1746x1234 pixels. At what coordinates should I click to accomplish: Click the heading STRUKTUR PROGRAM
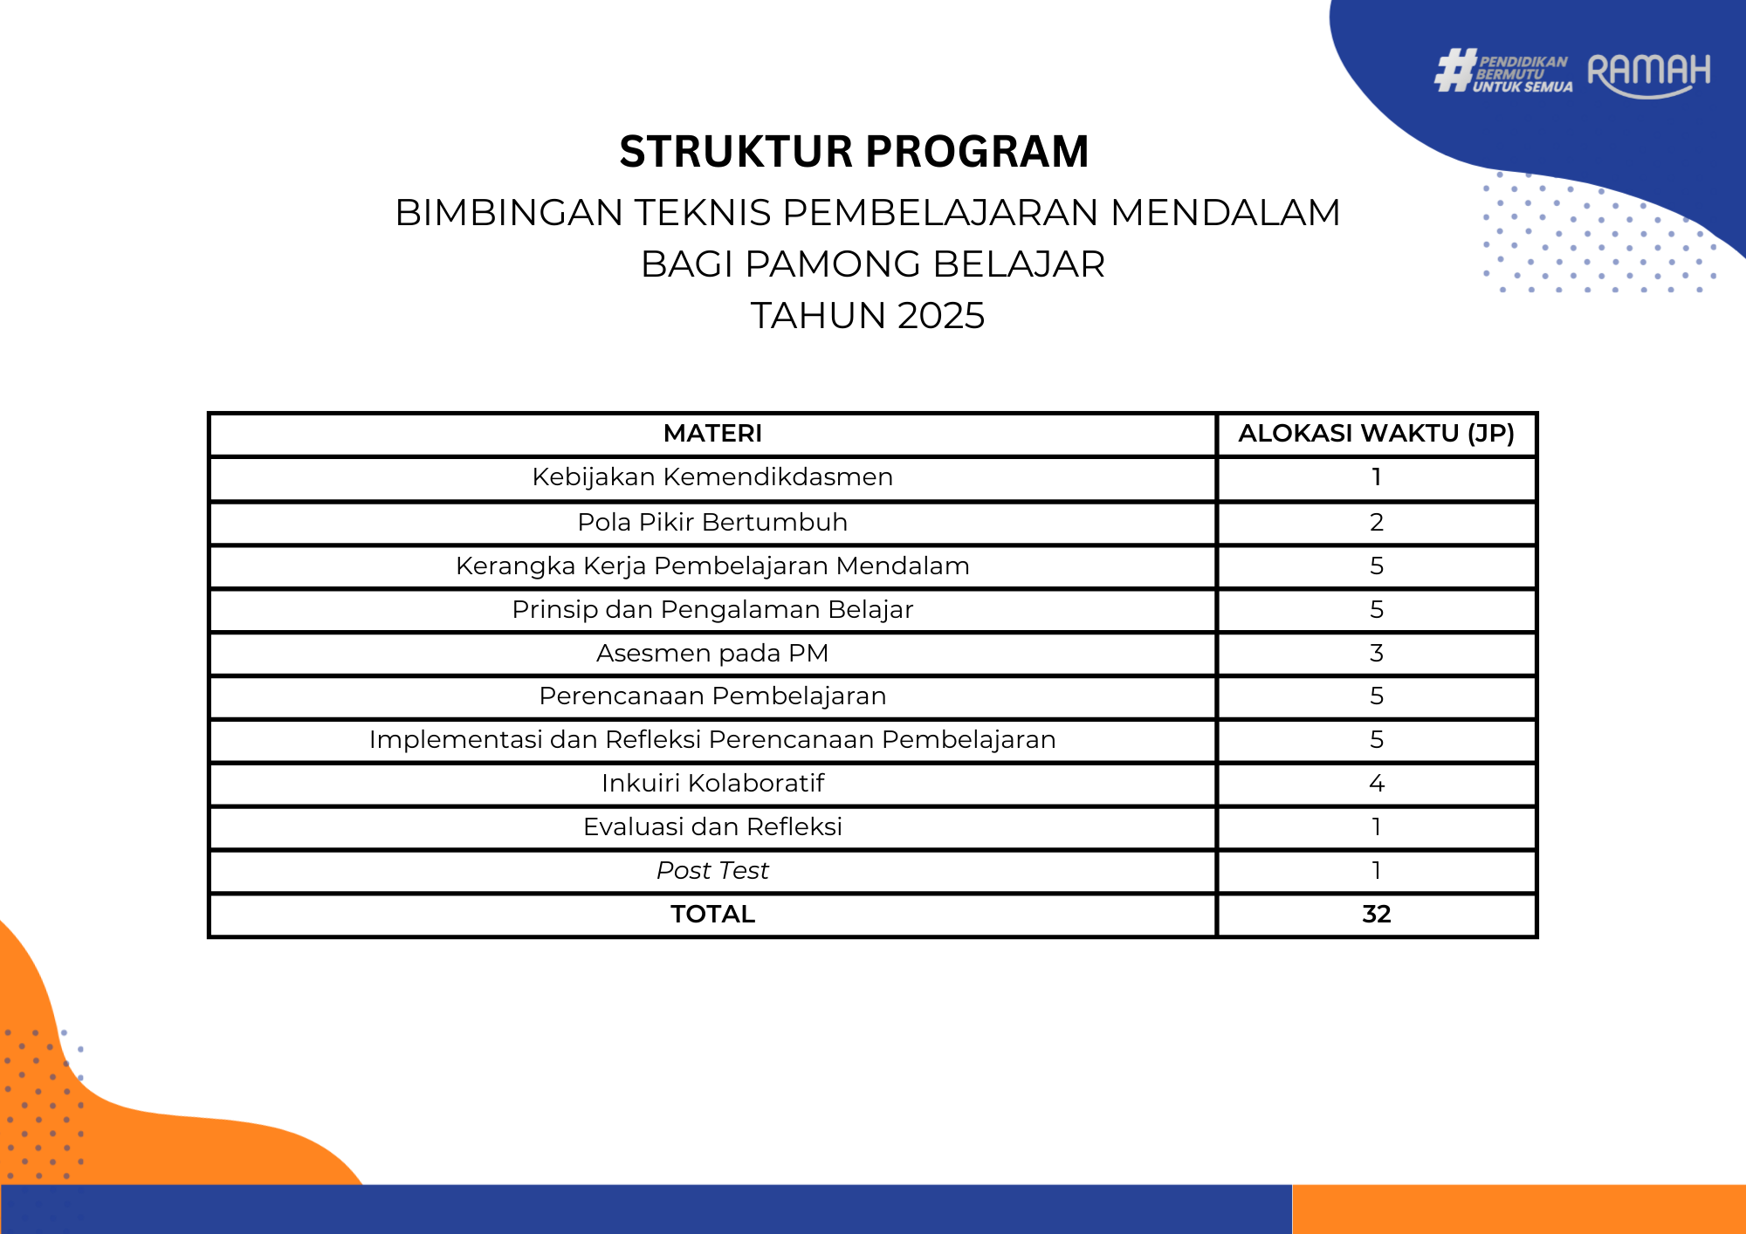854,151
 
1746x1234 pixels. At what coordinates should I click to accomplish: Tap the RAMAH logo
1648,73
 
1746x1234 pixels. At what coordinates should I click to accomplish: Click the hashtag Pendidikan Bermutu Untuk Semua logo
1503,71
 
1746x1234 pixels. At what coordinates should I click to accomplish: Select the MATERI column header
712,433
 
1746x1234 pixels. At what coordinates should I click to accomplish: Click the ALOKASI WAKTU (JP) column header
1376,433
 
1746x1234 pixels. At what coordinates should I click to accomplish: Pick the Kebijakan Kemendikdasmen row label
712,476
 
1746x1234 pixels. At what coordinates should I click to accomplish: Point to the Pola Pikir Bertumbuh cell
712,522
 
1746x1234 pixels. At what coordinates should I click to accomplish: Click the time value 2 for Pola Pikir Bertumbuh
1377,522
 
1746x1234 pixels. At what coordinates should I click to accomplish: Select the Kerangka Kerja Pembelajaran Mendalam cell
712,566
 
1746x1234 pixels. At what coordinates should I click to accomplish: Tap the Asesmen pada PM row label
712,653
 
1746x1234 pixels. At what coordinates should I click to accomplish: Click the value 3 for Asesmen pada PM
1377,653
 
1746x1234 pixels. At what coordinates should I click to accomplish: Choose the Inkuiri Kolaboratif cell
712,783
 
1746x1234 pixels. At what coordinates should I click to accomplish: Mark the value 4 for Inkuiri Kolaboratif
1377,783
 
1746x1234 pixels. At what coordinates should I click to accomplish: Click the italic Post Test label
712,870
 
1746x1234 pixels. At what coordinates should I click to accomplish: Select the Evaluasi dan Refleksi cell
712,826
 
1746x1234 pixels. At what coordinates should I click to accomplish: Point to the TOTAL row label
712,914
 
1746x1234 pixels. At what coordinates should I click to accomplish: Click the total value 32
1377,914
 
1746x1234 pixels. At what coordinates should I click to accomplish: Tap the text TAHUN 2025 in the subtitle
868,315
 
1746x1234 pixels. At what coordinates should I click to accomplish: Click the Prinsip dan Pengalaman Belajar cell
712,609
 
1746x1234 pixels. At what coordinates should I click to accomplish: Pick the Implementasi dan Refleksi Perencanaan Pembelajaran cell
712,739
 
